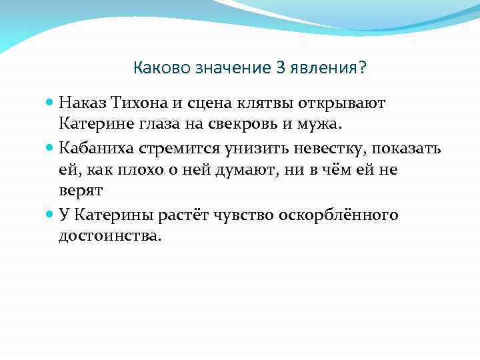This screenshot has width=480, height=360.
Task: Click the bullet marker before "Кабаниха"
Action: pos(50,148)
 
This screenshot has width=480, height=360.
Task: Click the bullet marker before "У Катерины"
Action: pos(50,215)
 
